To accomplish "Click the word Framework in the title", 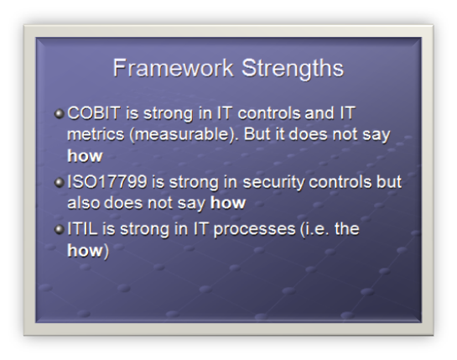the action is pyautogui.click(x=173, y=68).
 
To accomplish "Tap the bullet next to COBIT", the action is pyautogui.click(x=60, y=113).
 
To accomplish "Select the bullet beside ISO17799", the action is pyautogui.click(x=60, y=183).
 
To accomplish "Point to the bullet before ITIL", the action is pyautogui.click(x=60, y=229).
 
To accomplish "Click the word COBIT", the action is pyautogui.click(x=94, y=113).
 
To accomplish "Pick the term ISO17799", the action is pyautogui.click(x=107, y=182).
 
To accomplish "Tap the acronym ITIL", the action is pyautogui.click(x=82, y=229).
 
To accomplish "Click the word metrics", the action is pyautogui.click(x=96, y=134).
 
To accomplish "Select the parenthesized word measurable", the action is pyautogui.click(x=182, y=135).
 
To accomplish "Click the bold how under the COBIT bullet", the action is pyautogui.click(x=85, y=156).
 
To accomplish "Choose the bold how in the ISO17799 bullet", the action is pyautogui.click(x=228, y=203).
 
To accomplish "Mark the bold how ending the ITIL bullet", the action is pyautogui.click(x=85, y=250).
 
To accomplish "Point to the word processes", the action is pyautogui.click(x=254, y=230).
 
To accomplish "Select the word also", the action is pyautogui.click(x=84, y=203).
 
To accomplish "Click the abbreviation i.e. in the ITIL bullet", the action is pyautogui.click(x=314, y=229).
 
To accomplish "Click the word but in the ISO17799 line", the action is pyautogui.click(x=389, y=182).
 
